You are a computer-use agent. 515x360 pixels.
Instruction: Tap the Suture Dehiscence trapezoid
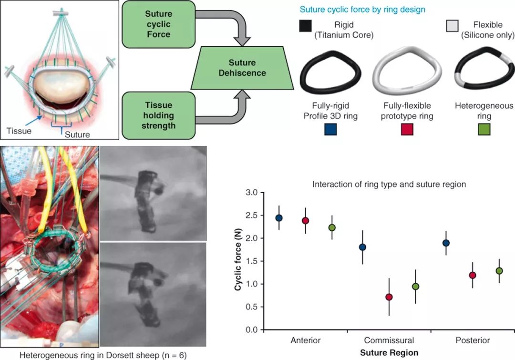(x=242, y=68)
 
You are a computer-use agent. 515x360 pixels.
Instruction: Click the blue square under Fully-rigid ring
(x=330, y=129)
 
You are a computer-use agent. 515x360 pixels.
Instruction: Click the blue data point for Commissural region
(x=362, y=247)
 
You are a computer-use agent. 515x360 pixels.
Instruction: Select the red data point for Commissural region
(x=389, y=297)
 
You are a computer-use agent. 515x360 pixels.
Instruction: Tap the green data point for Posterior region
(x=499, y=271)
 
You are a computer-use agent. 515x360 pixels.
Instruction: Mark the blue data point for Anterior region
(x=279, y=218)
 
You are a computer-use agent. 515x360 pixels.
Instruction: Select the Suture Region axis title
(x=389, y=353)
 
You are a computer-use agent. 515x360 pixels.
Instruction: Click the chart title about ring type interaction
(x=389, y=184)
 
